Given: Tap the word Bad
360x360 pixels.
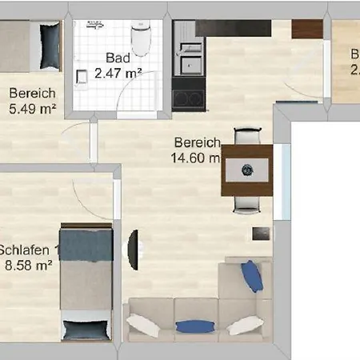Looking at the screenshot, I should pyautogui.click(x=116, y=58).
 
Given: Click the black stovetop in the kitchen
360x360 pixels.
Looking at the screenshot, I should pyautogui.click(x=189, y=98).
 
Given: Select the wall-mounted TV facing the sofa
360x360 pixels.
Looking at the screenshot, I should pyautogui.click(x=133, y=249).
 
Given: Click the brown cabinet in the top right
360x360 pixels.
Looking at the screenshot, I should pyautogui.click(x=306, y=29).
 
